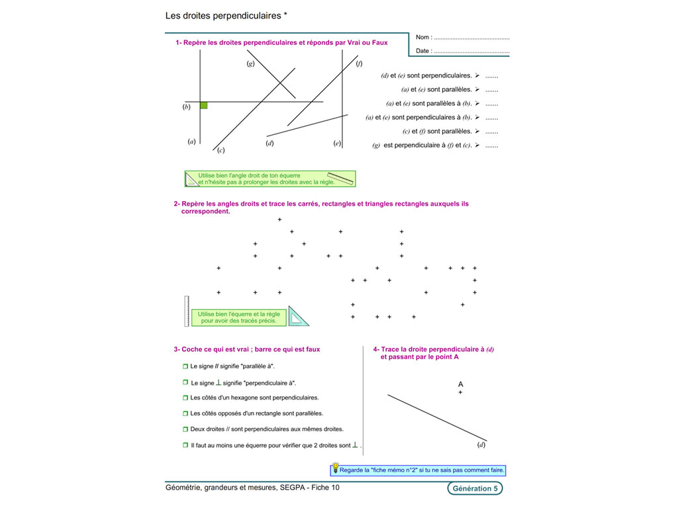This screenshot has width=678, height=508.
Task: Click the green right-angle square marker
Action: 204,105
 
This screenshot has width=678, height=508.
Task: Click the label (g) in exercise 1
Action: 251,63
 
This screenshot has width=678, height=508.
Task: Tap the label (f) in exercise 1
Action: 360,63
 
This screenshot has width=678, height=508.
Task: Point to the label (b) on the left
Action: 187,106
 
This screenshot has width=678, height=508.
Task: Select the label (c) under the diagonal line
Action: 221,150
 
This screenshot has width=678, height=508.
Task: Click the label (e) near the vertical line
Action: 337,143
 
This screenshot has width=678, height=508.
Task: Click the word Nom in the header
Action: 423,38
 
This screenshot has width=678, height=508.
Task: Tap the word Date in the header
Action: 423,51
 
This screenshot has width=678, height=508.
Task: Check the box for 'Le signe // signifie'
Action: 185,366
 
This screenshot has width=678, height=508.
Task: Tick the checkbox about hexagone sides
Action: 185,398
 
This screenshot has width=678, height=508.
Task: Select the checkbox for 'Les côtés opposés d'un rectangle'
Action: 185,413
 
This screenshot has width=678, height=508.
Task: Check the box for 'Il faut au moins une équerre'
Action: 185,446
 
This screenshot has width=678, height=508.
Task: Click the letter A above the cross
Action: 461,384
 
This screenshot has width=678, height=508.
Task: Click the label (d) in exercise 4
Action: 481,445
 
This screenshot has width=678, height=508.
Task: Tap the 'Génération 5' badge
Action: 474,489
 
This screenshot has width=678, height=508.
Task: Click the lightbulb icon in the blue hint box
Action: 335,470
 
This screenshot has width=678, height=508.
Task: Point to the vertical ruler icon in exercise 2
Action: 187,312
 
